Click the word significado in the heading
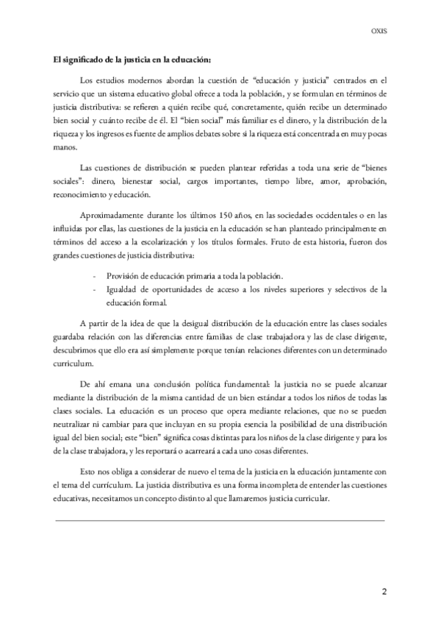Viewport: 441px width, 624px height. pyautogui.click(x=78, y=59)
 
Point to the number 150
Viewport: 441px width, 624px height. pyautogui.click(x=226, y=216)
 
